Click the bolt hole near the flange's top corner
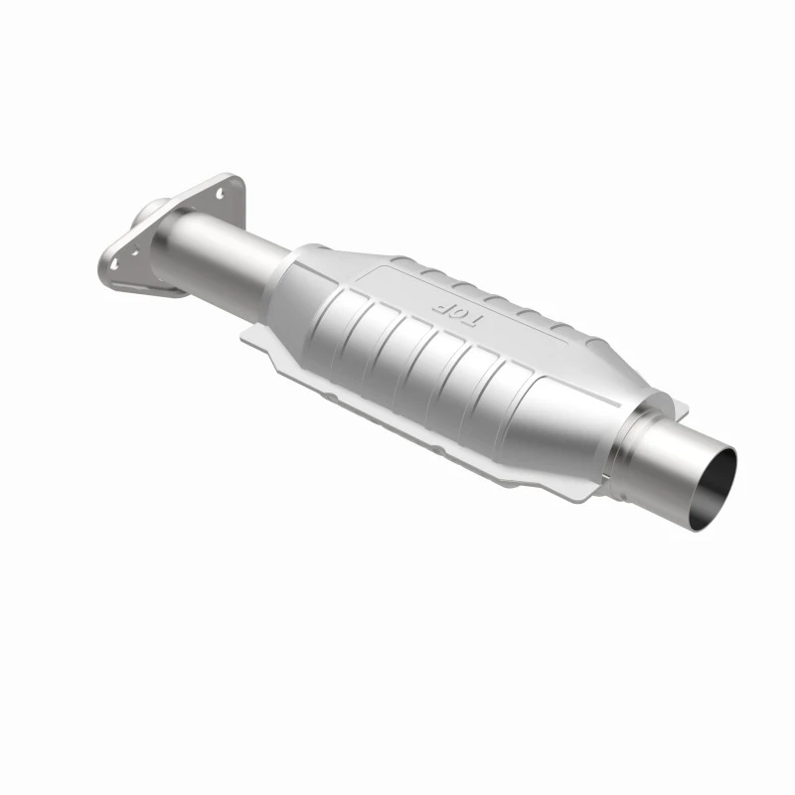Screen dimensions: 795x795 pyautogui.click(x=220, y=193)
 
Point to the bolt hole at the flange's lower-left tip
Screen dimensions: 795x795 pyautogui.click(x=114, y=262)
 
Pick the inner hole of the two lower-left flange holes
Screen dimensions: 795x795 pyautogui.click(x=136, y=250)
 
